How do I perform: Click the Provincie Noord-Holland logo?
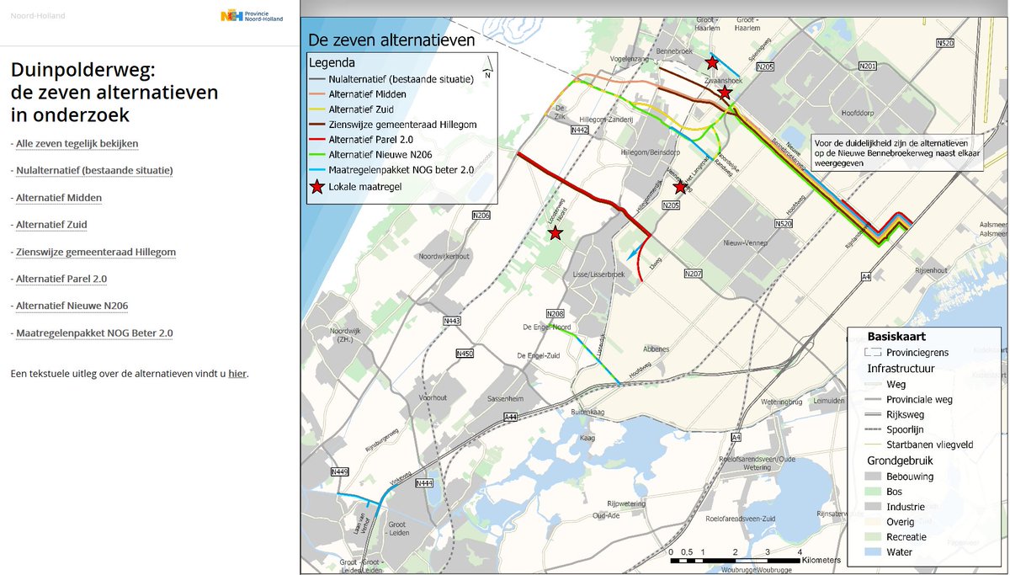tap(252, 15)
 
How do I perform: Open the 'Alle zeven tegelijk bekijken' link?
tap(77, 144)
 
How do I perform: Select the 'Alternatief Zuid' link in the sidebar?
tap(51, 225)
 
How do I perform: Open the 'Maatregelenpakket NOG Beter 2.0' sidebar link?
tap(94, 333)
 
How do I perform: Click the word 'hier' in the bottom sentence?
tap(237, 373)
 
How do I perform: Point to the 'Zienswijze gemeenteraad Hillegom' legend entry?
tap(402, 125)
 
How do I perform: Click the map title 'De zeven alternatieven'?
tap(391, 40)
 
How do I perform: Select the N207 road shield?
tap(693, 274)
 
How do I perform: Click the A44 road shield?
tap(511, 417)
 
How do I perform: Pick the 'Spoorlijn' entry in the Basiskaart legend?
tap(905, 429)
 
